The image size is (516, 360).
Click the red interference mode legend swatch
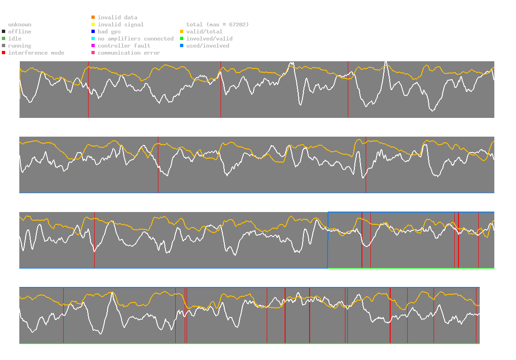[3, 53]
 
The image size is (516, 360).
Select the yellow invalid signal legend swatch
[93, 25]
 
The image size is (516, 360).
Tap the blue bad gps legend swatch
[93, 32]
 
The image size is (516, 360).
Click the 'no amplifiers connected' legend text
[136, 39]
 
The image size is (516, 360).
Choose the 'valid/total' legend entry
[203, 32]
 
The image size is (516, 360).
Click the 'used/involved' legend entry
[208, 46]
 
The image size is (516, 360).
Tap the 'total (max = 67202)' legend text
[217, 25]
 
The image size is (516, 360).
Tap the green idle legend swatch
[3, 39]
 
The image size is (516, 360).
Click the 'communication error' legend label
[129, 53]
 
